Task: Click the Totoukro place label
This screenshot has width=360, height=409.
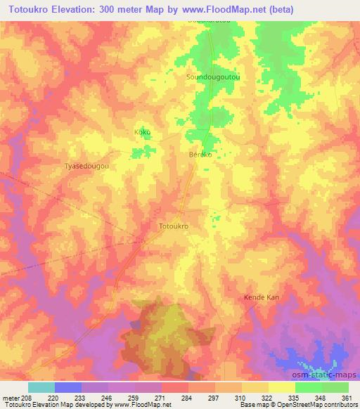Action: click(175, 227)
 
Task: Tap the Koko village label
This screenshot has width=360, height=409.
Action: click(142, 132)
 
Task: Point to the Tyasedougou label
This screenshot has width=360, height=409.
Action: click(86, 167)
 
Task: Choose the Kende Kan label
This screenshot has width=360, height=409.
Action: click(262, 297)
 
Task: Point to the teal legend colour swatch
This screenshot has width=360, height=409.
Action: click(41, 387)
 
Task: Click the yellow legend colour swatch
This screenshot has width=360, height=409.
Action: click(281, 387)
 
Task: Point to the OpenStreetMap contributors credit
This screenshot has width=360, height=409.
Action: click(322, 405)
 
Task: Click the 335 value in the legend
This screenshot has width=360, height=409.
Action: click(295, 397)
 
